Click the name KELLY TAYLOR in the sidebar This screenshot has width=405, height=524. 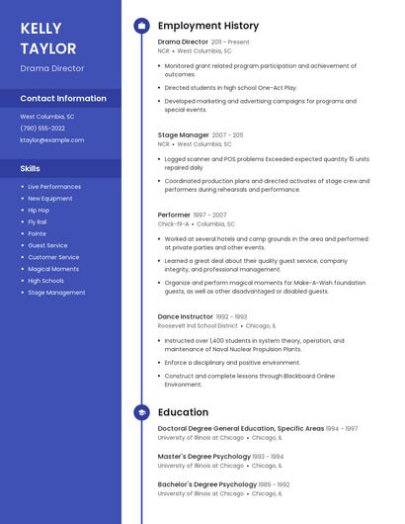[x=48, y=38]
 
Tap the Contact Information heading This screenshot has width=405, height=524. [x=63, y=99]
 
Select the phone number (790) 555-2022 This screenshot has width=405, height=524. [x=42, y=129]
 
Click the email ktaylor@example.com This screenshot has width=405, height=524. [x=52, y=140]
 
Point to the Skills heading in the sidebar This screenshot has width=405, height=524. [x=31, y=168]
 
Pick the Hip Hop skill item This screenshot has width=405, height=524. [x=39, y=211]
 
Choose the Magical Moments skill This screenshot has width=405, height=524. [x=53, y=269]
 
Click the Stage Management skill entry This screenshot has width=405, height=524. [x=56, y=293]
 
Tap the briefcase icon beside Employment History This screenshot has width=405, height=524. [x=141, y=26]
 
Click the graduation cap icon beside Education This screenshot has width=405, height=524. [x=141, y=412]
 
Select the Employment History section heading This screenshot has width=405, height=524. [x=208, y=26]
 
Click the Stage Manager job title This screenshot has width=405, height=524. [x=184, y=134]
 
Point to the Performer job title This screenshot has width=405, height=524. [x=174, y=215]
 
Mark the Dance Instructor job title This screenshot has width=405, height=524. [x=185, y=316]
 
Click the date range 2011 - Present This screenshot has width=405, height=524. [x=230, y=43]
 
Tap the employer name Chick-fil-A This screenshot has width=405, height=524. [x=173, y=224]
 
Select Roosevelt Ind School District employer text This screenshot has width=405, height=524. [x=198, y=325]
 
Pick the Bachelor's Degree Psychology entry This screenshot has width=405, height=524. [x=207, y=484]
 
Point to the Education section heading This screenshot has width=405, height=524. [x=183, y=412]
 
